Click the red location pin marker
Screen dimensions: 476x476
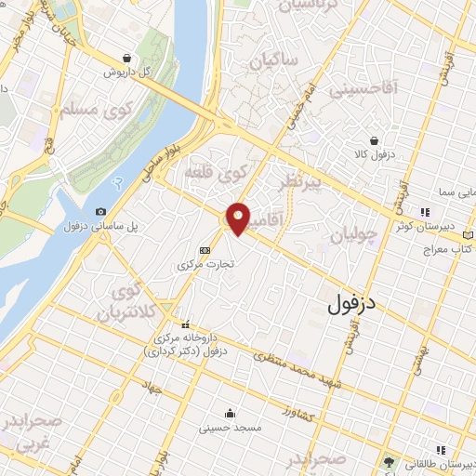coord(239,218)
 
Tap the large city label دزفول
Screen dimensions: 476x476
coord(352,302)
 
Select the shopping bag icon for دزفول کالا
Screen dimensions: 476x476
coord(374,141)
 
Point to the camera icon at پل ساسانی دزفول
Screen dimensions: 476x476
coord(100,212)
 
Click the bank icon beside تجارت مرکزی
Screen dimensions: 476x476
coord(205,250)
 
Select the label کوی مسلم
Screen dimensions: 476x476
coord(64,110)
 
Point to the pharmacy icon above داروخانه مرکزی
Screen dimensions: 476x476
coord(186,324)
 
